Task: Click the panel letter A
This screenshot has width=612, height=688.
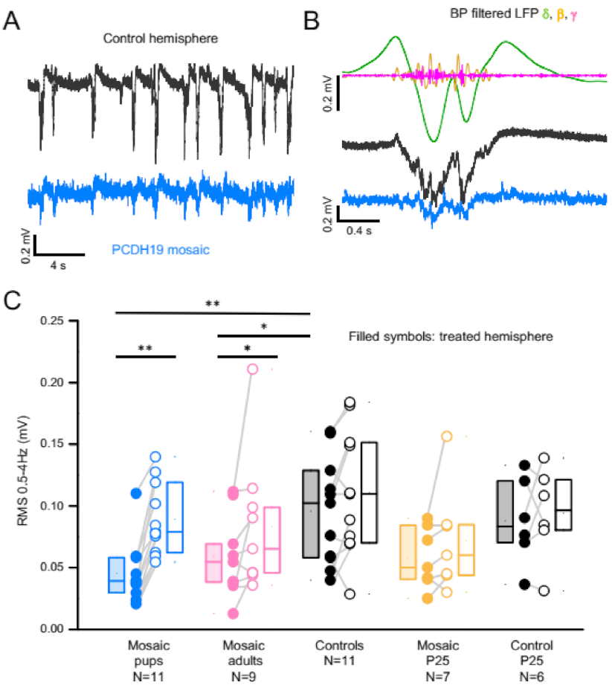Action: click(13, 20)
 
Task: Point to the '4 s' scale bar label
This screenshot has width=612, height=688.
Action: click(58, 266)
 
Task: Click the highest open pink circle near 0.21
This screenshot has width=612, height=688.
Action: click(252, 368)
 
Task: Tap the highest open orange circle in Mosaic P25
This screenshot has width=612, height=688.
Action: click(447, 436)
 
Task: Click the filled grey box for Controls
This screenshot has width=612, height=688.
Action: click(311, 513)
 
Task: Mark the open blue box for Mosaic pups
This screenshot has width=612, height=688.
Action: click(175, 517)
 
